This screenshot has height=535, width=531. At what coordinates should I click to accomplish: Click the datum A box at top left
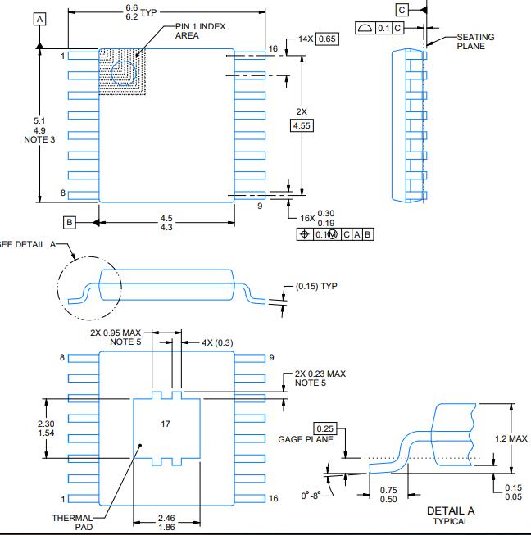coord(40,17)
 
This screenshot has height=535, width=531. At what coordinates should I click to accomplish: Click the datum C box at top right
coord(401,9)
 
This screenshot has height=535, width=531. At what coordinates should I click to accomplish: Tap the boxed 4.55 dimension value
coord(302,125)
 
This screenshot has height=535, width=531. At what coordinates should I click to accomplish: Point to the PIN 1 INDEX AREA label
coord(200,30)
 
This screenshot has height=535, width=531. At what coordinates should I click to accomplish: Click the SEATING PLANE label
coord(475,41)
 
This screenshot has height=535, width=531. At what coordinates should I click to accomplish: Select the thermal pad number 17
coord(166,424)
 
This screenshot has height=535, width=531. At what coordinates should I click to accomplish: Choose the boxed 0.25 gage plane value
coord(324,428)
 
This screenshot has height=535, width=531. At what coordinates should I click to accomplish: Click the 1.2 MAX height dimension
coord(511,438)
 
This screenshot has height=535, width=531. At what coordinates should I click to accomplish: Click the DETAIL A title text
coord(450,510)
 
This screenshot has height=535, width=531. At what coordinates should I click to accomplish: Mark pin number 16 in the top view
coord(273,50)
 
